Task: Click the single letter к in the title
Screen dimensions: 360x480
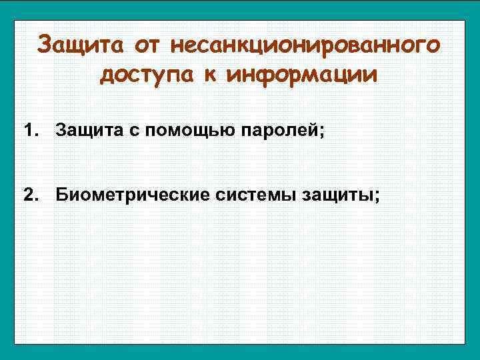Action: click(x=211, y=75)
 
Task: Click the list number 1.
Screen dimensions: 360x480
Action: click(x=28, y=128)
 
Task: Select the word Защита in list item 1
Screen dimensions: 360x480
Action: click(x=83, y=128)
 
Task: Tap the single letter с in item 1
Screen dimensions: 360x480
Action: click(x=121, y=129)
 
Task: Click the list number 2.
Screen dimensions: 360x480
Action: click(x=28, y=195)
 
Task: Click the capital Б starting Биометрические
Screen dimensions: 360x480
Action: click(x=61, y=195)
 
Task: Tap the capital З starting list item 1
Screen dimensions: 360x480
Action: click(x=61, y=128)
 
